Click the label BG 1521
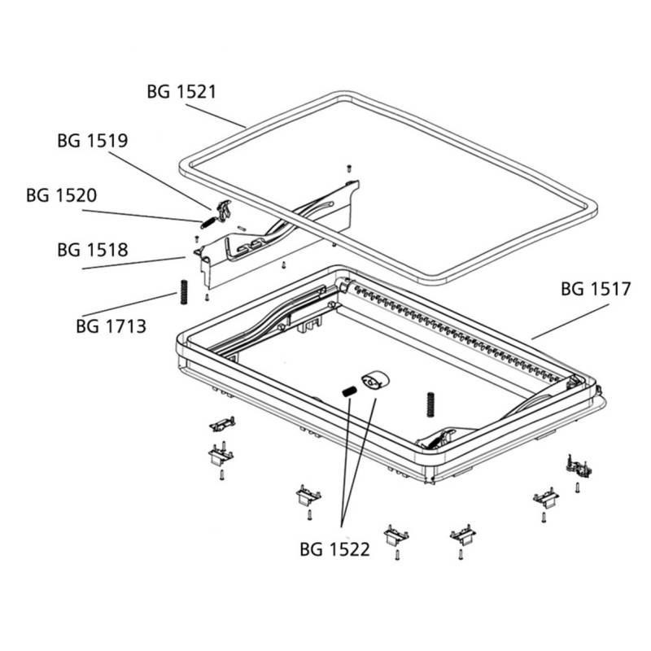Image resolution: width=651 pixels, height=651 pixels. pos(181,91)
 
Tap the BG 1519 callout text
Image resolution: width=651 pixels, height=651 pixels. pos(92,140)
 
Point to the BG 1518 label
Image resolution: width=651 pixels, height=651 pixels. pos(92,249)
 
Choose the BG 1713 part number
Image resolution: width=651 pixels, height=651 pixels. pos(111,327)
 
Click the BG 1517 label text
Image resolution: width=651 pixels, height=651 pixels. pos(596,289)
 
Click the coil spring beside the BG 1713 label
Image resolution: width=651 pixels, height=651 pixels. pos(183,291)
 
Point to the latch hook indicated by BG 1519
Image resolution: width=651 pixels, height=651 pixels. pos(225,209)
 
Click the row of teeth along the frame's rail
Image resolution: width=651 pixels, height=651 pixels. pos(456,330)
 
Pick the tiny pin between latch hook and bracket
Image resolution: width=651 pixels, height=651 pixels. pos(243,227)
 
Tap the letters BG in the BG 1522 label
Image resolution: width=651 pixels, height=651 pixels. pos(312,550)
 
